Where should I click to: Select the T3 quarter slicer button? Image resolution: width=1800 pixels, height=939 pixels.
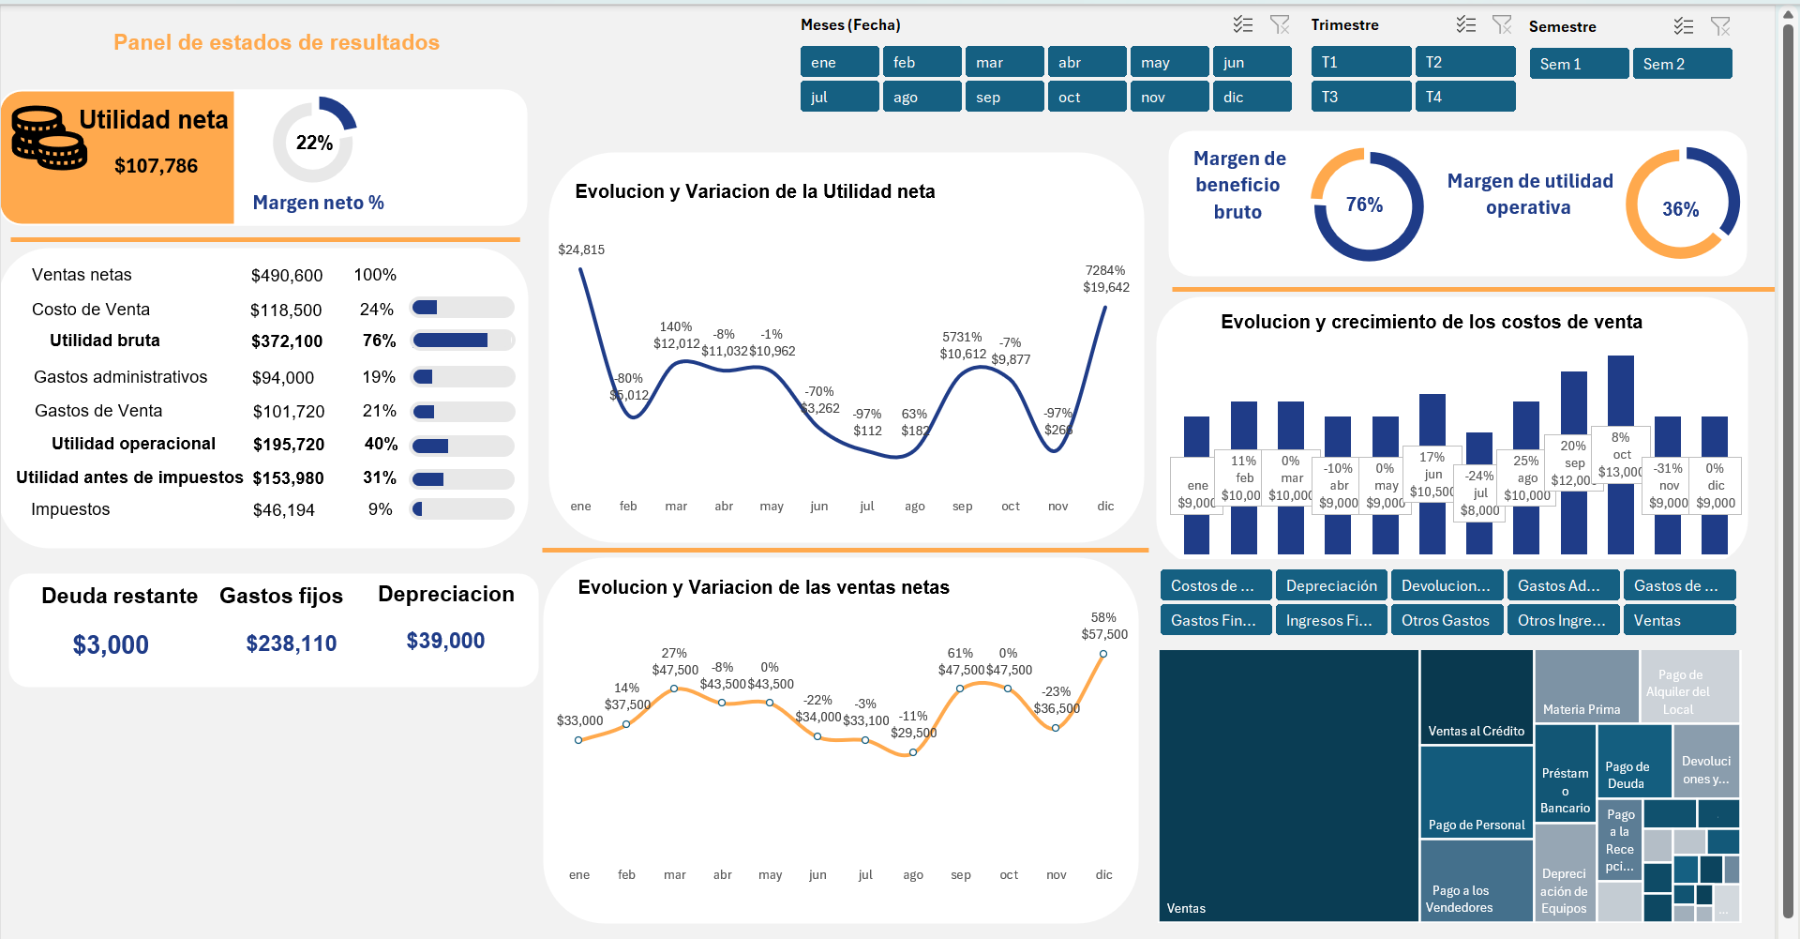click(x=1360, y=97)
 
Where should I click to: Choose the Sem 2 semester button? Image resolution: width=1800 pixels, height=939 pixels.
click(x=1682, y=64)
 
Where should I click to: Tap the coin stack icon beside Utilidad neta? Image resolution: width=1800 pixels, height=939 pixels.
click(x=48, y=138)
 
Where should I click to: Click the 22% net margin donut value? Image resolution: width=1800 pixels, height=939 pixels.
click(x=314, y=143)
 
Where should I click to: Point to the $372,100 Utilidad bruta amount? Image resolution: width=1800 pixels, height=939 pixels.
click(x=287, y=341)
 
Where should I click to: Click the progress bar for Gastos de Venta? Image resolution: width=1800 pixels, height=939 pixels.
click(x=463, y=412)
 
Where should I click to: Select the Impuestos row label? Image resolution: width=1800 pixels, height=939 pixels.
click(x=70, y=509)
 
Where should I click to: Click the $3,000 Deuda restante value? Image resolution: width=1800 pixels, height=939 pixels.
click(x=111, y=645)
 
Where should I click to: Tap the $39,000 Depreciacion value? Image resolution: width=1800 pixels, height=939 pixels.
click(x=445, y=641)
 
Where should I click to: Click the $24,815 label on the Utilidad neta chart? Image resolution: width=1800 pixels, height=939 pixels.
click(x=581, y=250)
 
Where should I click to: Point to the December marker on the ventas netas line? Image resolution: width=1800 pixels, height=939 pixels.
click(x=1103, y=654)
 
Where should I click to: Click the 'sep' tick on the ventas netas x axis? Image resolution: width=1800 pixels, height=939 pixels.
click(x=961, y=875)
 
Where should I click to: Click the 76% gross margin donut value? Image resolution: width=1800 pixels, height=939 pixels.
click(x=1364, y=204)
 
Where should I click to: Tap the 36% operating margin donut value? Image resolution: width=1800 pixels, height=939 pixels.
click(x=1680, y=209)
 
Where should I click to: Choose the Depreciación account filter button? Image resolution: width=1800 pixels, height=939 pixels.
click(x=1331, y=585)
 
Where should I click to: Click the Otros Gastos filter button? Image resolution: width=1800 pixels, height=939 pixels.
click(x=1446, y=620)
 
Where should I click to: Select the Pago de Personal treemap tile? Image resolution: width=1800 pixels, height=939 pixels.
click(x=1477, y=791)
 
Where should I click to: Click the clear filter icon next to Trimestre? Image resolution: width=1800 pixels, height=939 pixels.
click(x=1502, y=25)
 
